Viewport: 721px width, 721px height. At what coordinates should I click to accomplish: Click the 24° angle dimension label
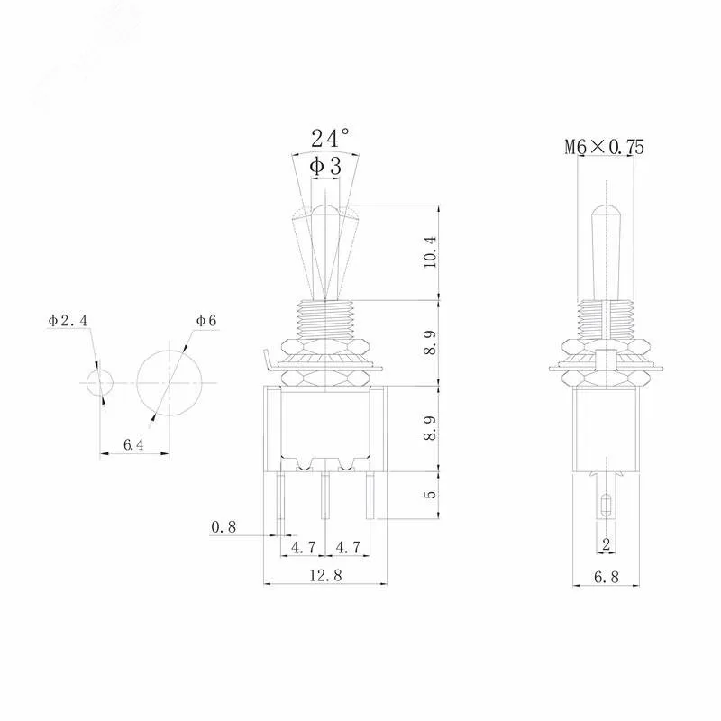(x=330, y=138)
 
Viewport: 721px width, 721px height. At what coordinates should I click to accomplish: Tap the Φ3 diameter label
(x=325, y=166)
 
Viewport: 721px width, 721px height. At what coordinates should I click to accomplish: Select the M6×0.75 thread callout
(x=604, y=147)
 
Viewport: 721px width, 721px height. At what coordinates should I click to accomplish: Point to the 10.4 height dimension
(x=430, y=252)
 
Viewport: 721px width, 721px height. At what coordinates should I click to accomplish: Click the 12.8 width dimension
(x=325, y=575)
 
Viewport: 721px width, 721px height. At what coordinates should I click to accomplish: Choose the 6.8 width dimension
(x=607, y=577)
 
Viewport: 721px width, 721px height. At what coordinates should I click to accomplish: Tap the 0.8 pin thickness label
(x=224, y=527)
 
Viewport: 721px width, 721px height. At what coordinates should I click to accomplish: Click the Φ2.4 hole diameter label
(x=68, y=320)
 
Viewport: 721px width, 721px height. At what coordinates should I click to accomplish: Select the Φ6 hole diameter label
(x=206, y=320)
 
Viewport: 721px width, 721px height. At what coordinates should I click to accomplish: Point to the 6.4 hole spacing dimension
(x=133, y=444)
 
